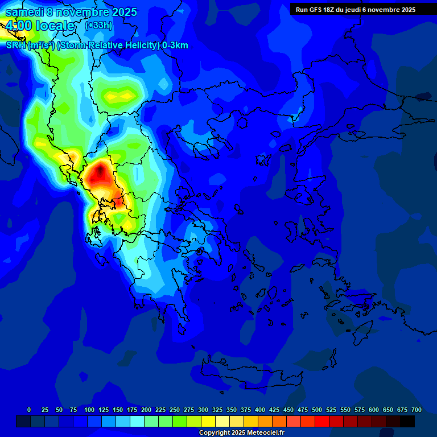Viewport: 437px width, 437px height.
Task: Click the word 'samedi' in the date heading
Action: (x=23, y=12)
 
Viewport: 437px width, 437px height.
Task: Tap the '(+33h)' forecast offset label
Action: (x=98, y=25)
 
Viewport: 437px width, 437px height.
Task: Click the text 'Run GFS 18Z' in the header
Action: (x=315, y=10)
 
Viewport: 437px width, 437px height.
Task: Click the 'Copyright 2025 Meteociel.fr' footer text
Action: (x=241, y=433)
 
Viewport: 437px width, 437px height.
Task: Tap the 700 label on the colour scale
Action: (x=417, y=410)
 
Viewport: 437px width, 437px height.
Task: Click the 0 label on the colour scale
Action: (x=29, y=410)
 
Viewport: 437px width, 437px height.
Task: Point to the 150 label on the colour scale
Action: (x=118, y=410)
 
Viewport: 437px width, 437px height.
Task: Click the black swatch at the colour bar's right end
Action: (x=407, y=421)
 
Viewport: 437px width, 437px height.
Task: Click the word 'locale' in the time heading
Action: (x=55, y=26)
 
